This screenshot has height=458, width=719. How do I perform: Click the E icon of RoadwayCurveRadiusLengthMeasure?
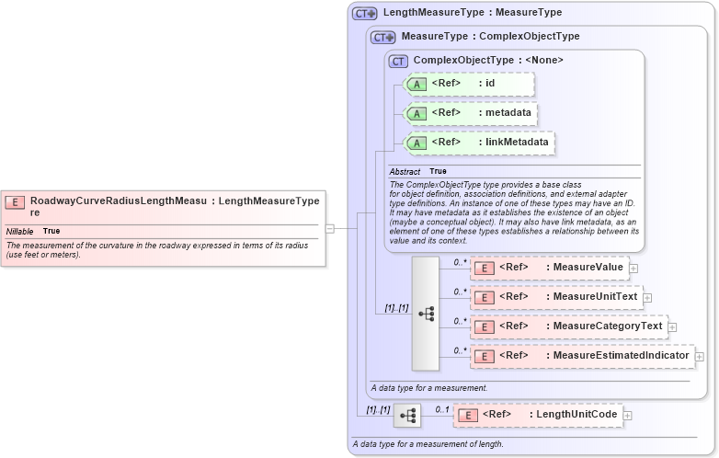[15, 201]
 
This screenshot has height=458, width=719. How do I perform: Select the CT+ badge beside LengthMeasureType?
[365, 13]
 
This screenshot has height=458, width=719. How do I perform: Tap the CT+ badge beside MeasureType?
[383, 37]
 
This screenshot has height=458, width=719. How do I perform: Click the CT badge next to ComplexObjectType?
[398, 61]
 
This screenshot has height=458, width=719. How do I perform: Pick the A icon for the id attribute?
[417, 85]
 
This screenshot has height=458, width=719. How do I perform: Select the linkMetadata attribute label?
[517, 143]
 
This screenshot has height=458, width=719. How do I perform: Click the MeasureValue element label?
[585, 268]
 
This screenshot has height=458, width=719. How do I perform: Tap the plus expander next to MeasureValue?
[633, 269]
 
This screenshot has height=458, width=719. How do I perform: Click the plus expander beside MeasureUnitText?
[647, 298]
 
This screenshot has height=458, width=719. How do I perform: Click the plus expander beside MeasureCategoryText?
[672, 326]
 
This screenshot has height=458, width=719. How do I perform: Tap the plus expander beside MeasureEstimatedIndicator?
[700, 356]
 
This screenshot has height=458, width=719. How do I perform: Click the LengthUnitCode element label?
[576, 415]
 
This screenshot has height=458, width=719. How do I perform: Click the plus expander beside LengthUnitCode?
[628, 416]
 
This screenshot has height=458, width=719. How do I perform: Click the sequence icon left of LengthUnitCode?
[406, 416]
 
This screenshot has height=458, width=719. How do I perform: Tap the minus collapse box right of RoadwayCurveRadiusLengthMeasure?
[329, 228]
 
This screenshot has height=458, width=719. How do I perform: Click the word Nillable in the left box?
[20, 231]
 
